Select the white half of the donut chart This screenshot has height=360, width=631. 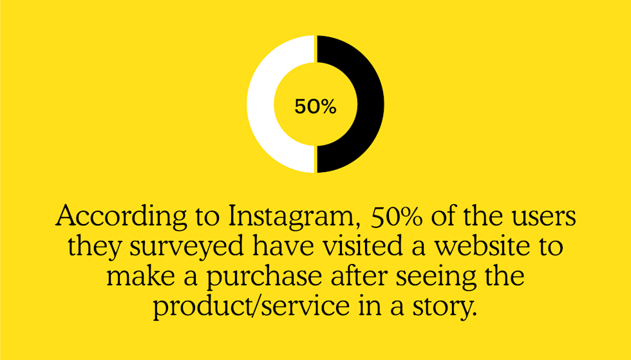(x=266, y=104)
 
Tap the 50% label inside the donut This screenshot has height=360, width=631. (x=315, y=107)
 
